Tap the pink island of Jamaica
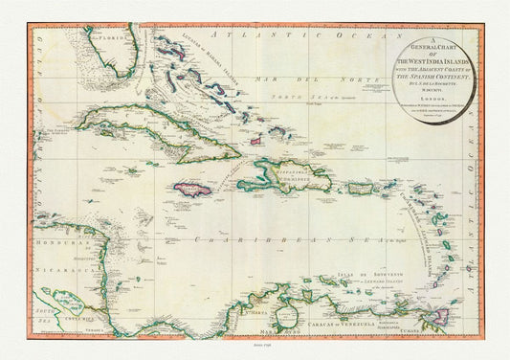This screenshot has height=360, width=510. pos(192,189)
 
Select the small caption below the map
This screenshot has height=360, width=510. pos(255,351)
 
